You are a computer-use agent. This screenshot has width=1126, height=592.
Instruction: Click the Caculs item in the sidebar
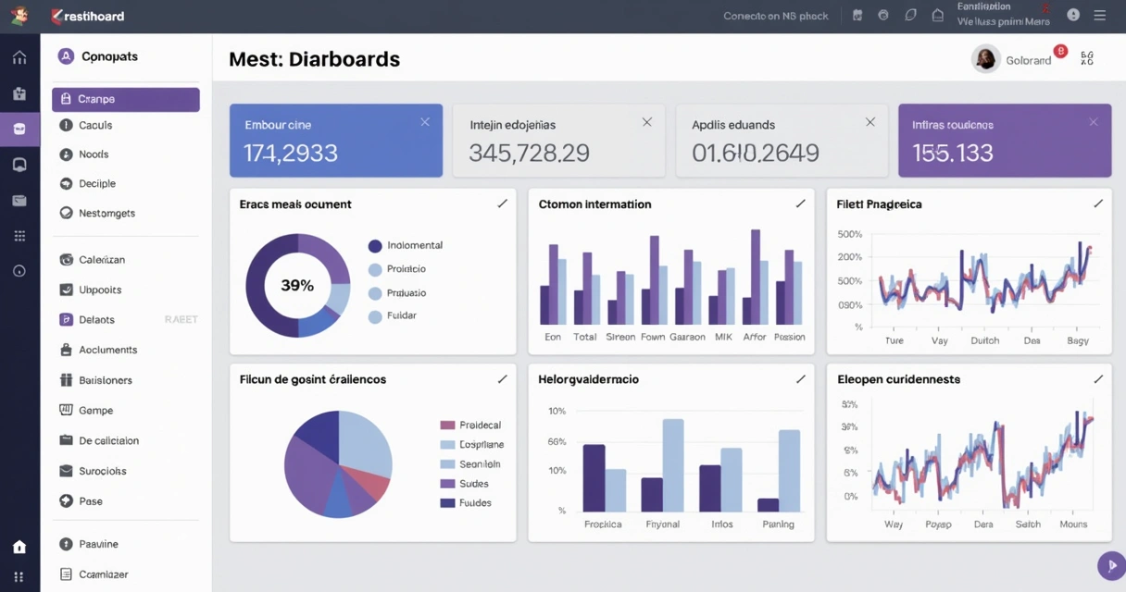94,125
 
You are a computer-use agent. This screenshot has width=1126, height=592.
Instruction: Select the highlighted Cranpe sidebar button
125,99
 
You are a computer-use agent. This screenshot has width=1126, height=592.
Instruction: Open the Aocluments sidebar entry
107,350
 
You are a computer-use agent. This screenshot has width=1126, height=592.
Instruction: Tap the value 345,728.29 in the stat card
529,153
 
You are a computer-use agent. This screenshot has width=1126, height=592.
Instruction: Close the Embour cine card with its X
425,122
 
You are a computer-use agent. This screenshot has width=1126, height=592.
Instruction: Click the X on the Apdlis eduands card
870,122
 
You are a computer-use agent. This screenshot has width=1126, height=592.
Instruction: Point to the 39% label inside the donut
297,286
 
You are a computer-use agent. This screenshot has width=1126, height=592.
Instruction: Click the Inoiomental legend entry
414,245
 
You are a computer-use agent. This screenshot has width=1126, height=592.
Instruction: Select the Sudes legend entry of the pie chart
473,484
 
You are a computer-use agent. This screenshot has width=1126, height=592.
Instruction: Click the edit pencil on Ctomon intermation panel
800,203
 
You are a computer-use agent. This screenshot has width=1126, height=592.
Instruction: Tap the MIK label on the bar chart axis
723,337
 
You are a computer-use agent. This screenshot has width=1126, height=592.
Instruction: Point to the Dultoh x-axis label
984,340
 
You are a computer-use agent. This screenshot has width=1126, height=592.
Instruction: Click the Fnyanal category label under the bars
662,524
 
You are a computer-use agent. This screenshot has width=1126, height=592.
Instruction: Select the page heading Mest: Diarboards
314,59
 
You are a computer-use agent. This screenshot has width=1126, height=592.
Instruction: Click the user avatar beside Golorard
985,59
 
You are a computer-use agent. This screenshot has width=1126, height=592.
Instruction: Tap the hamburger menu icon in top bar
1099,16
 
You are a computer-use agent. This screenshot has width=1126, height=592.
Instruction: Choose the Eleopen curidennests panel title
898,379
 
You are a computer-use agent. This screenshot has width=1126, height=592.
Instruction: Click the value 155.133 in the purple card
952,153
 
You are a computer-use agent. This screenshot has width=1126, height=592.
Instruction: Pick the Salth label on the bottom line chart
1028,524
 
